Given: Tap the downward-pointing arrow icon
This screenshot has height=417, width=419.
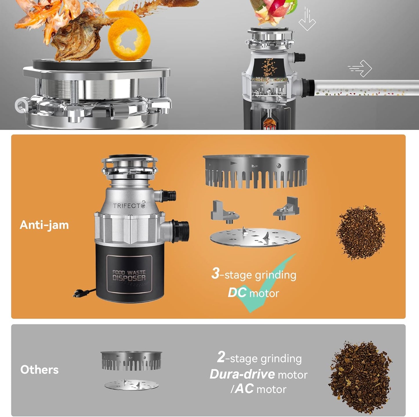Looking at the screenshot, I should (x=307, y=20).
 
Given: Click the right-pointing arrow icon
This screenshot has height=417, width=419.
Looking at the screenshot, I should (x=360, y=68).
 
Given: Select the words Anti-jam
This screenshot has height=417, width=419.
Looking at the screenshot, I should (x=44, y=225).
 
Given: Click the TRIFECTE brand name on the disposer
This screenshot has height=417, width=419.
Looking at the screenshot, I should (x=129, y=205).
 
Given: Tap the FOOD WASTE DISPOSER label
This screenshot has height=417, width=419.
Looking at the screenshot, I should (x=129, y=275).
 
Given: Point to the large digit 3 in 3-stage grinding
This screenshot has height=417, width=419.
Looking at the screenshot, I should (x=215, y=273).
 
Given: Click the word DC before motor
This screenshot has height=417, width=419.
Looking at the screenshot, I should (x=237, y=293).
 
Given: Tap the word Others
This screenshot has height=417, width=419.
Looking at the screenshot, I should (x=39, y=370).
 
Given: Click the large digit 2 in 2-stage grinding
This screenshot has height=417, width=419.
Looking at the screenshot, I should (x=221, y=357).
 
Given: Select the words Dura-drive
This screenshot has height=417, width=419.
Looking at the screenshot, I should (x=242, y=374).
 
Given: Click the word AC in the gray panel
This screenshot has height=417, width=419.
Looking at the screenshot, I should (x=244, y=389).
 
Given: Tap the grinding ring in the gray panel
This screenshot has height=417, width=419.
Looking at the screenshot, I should (x=131, y=361).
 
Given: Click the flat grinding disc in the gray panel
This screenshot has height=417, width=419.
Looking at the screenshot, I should (x=131, y=385).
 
